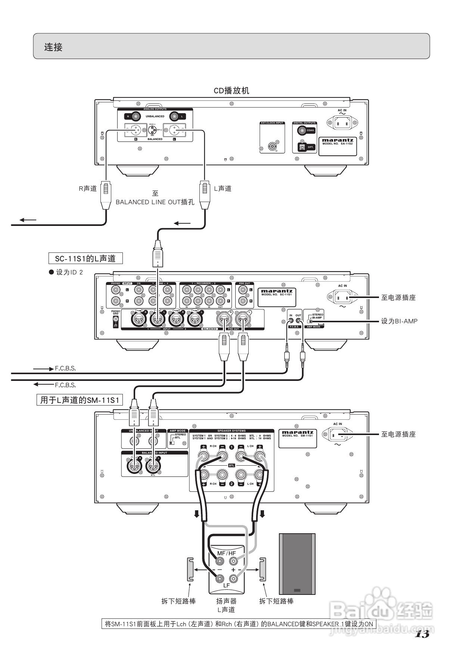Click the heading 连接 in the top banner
[x=53, y=47]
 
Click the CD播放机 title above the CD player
[x=231, y=91]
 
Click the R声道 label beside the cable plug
[x=88, y=189]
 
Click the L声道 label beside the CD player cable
[x=223, y=189]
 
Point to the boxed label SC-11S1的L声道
[x=86, y=258]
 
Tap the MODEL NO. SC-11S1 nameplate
[x=276, y=293]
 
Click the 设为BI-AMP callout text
[x=399, y=321]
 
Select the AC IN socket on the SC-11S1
[x=342, y=298]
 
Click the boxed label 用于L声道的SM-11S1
[x=80, y=400]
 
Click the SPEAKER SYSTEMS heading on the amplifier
[x=232, y=431]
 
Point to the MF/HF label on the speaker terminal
[x=226, y=553]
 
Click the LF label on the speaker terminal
[x=226, y=586]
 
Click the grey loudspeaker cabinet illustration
[x=297, y=564]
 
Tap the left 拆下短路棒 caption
[x=178, y=601]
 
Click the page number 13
[x=422, y=634]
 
